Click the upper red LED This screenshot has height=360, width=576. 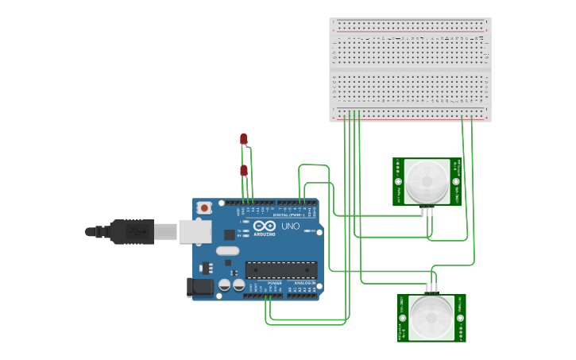(x=244, y=138)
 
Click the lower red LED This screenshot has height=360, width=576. (x=244, y=171)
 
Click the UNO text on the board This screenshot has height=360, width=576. (x=291, y=226)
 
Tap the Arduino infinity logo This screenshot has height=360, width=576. (x=265, y=226)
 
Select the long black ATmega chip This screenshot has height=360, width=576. (x=280, y=271)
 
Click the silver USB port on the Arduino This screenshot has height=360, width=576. (x=195, y=231)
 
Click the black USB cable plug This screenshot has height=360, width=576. (x=132, y=231)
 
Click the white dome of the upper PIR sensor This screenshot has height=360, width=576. (x=426, y=181)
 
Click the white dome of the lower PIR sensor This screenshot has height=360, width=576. (x=431, y=318)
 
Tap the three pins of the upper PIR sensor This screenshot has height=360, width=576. (x=428, y=211)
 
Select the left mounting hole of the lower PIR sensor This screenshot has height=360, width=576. (x=403, y=319)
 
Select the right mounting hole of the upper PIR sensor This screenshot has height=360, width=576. (x=456, y=180)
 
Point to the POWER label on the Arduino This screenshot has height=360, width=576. (x=274, y=283)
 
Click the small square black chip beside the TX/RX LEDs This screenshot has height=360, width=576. (x=230, y=234)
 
